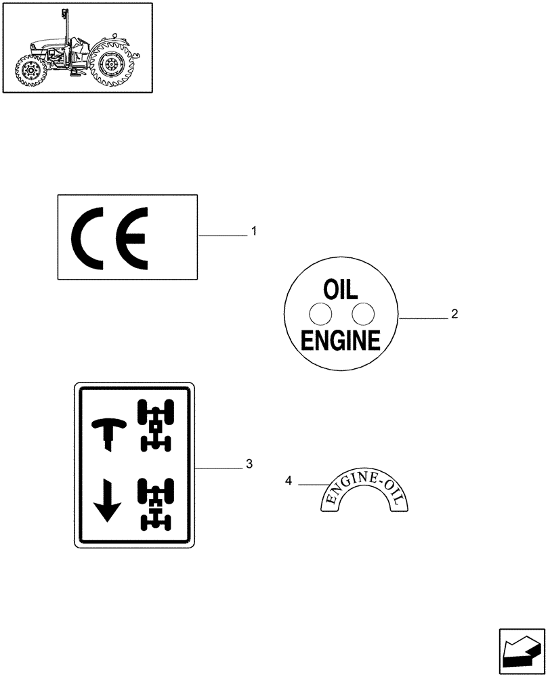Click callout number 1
pos(254,232)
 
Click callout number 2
pos(454,313)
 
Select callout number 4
pos(289,481)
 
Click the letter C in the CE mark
pos(89,239)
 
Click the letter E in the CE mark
pos(131,239)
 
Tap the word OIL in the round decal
pos(342,290)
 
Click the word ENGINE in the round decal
pos(341,341)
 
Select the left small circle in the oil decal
pos(320,313)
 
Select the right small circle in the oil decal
pos(364,313)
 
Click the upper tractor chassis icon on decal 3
pos(156,425)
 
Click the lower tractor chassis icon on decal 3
pos(156,504)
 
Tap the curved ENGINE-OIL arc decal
pos(365,492)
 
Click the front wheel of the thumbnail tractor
pos(30,69)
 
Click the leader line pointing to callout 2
pos(423,317)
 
